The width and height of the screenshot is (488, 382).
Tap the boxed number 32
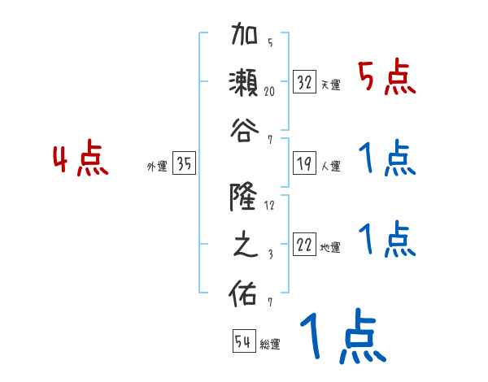pyautogui.click(x=305, y=83)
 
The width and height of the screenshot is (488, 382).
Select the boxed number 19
pyautogui.click(x=304, y=163)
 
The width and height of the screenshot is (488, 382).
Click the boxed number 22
pyautogui.click(x=304, y=245)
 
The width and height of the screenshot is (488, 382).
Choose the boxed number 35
pyautogui.click(x=184, y=164)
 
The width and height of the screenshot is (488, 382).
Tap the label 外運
pyautogui.click(x=156, y=167)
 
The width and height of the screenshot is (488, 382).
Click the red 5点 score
pyautogui.click(x=386, y=79)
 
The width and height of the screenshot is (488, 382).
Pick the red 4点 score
pyautogui.click(x=81, y=159)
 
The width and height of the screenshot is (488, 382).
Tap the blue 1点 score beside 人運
pyautogui.click(x=386, y=159)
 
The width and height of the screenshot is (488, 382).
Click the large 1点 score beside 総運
pyautogui.click(x=342, y=337)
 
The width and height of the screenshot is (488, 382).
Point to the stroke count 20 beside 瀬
pyautogui.click(x=269, y=91)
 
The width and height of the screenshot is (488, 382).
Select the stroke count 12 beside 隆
pyautogui.click(x=269, y=205)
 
